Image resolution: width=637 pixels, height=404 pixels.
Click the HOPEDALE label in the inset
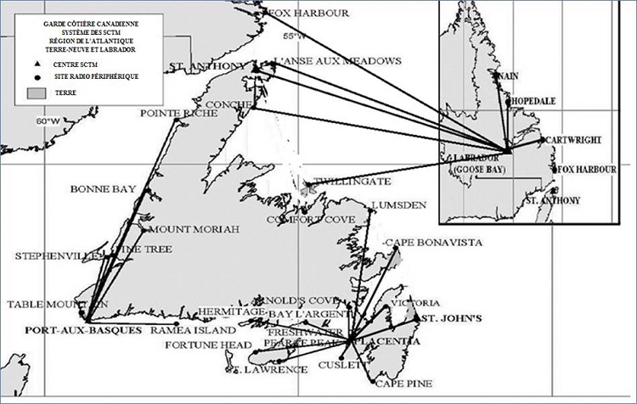pos(532,100)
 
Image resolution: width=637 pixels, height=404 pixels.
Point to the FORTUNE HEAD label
pos(197,346)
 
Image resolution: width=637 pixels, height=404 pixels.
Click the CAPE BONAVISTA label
pos(435,243)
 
